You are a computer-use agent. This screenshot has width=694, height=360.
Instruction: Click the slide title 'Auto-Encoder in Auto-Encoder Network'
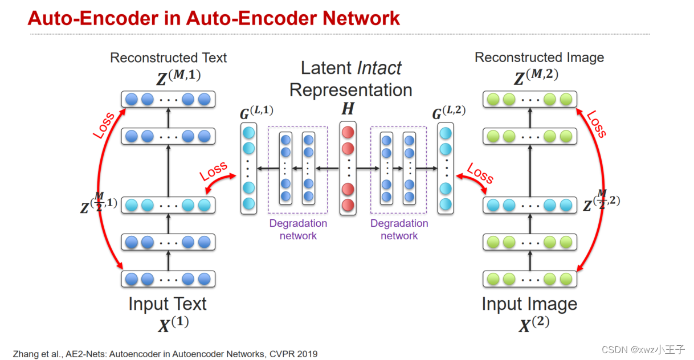(214, 18)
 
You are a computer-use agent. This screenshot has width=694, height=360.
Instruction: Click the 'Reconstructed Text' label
(168, 58)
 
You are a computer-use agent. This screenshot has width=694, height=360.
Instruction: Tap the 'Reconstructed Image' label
(539, 58)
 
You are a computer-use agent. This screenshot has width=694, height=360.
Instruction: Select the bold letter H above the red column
(348, 109)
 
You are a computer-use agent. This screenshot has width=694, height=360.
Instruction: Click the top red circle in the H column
(348, 133)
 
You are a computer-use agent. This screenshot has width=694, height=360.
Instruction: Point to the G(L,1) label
(256, 112)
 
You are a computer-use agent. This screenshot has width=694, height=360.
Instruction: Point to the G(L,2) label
(448, 112)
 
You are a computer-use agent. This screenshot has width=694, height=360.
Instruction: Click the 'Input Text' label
(168, 304)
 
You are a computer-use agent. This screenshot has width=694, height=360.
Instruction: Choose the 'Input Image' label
(529, 304)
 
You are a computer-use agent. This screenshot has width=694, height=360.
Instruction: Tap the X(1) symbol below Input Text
(173, 324)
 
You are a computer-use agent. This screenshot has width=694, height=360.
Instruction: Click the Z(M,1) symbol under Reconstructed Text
(174, 77)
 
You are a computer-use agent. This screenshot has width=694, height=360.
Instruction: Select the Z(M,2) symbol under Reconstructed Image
(536, 77)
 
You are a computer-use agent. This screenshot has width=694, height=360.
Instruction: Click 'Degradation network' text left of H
(298, 229)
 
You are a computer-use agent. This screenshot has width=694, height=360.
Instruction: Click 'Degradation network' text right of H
(399, 229)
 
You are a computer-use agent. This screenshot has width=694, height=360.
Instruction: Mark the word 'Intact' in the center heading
(379, 69)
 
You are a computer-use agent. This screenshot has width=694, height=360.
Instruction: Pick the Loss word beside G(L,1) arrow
(214, 171)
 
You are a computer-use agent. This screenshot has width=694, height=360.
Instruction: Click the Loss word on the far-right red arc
(596, 124)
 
